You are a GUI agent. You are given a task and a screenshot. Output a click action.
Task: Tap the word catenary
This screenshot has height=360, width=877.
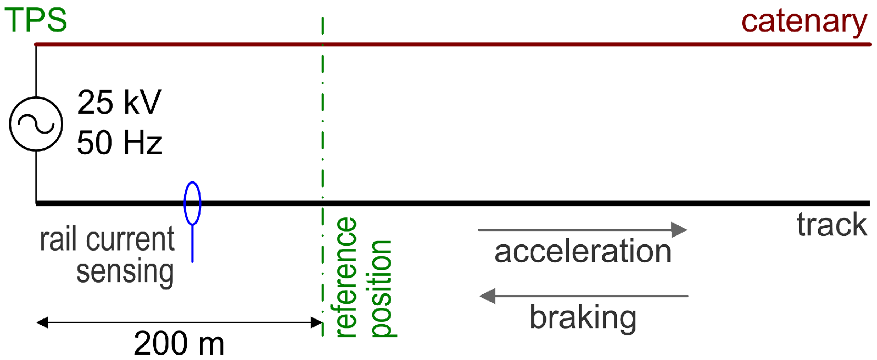(804, 22)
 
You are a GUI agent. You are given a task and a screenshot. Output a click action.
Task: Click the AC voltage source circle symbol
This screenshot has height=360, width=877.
(36, 124)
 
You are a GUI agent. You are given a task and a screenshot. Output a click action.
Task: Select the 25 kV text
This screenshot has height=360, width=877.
(119, 102)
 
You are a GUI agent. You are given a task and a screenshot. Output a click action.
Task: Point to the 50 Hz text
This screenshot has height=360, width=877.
(119, 143)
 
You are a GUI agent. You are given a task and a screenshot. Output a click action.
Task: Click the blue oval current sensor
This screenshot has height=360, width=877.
(192, 203)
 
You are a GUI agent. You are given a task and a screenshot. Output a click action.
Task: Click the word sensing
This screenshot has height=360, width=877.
(125, 272)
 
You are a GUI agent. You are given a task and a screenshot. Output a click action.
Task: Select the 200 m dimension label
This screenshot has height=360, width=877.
(179, 343)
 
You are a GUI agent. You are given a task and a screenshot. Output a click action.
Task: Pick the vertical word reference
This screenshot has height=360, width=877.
(346, 277)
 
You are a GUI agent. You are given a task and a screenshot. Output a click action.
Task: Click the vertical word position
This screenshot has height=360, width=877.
(381, 288)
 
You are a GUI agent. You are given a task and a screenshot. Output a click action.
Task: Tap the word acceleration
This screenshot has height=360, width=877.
(583, 251)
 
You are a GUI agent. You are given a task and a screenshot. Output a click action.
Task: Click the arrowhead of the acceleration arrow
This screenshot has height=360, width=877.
(680, 230)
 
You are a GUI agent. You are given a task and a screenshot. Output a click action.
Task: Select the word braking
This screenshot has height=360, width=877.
(583, 317)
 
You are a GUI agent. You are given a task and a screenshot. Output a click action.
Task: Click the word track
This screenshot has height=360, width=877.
(832, 225)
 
